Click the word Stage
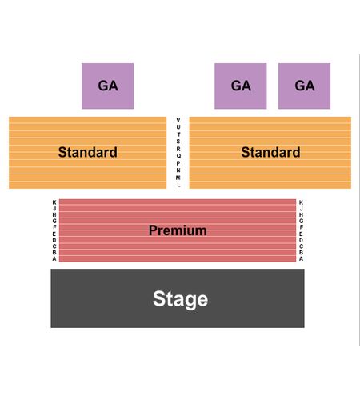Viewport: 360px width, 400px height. coord(180,299)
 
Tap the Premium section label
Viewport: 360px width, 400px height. coord(178,230)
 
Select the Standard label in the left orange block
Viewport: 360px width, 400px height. coord(88,152)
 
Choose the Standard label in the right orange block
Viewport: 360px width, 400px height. coord(270,152)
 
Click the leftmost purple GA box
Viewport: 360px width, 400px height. coord(107,86)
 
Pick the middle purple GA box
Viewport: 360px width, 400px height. coord(241,86)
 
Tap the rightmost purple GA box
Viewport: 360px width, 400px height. coord(304,86)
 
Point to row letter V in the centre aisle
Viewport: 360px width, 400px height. coord(178,120)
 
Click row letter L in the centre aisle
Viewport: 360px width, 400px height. coord(178,185)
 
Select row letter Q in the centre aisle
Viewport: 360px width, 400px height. coord(178,156)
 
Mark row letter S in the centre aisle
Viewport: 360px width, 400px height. coord(178,142)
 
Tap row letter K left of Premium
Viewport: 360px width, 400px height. coord(54,202)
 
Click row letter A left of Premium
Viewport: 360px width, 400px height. coord(54,258)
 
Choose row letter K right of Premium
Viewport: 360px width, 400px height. coord(301,202)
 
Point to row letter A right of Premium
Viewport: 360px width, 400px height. coord(301,258)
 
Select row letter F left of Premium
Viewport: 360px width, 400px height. coord(54,227)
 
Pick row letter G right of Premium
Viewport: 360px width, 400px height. coord(301,221)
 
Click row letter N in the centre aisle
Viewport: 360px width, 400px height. coord(178,170)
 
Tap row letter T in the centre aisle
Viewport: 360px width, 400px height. coord(178,134)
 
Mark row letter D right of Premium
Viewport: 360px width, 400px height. coord(301,240)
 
